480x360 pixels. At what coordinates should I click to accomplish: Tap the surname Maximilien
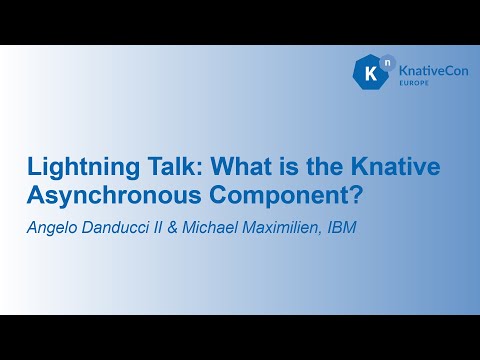[292, 228]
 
